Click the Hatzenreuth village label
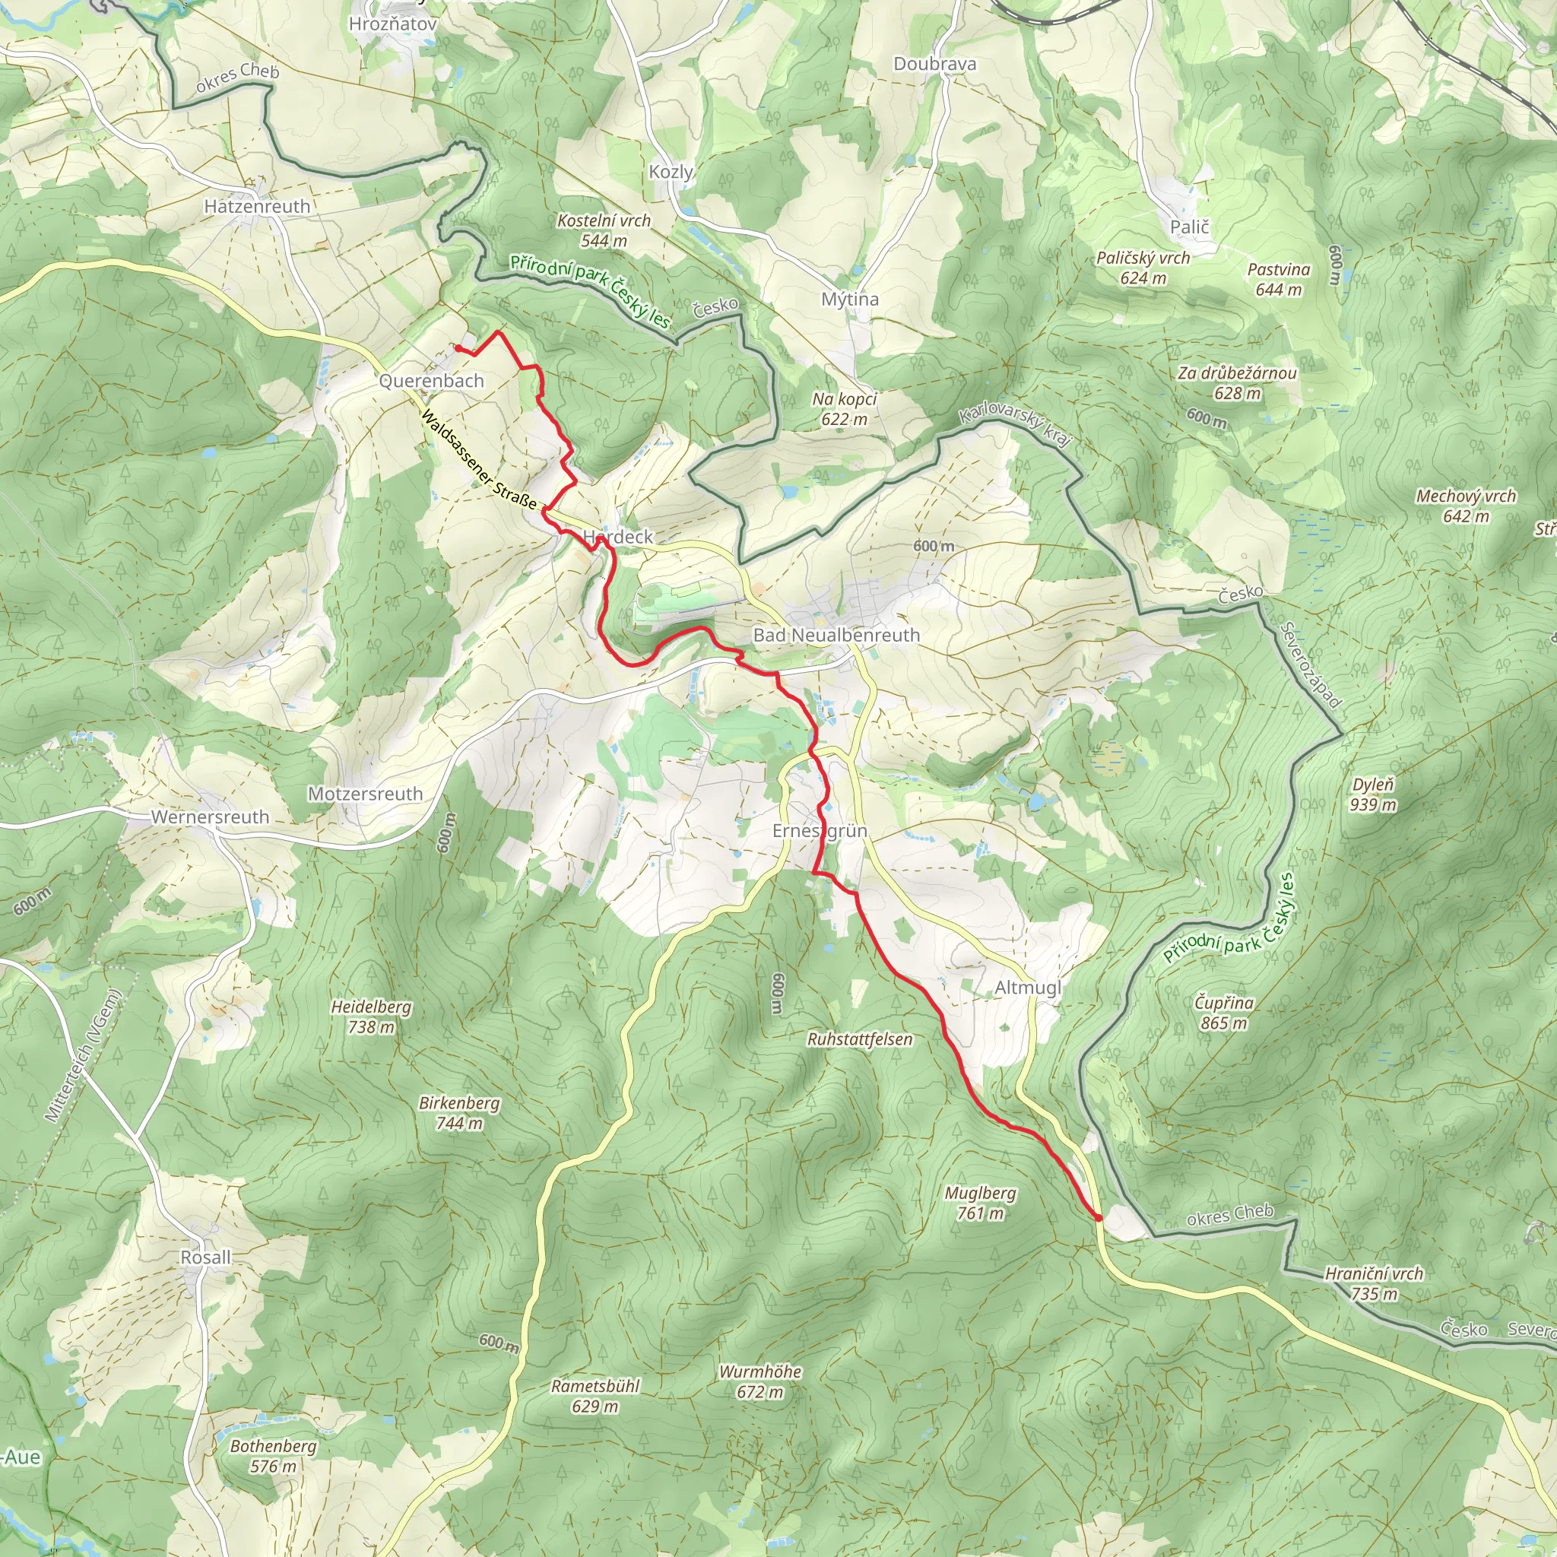tap(257, 206)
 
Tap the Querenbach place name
tap(431, 380)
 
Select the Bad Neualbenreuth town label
tap(836, 635)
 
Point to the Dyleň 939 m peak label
tap(1373, 794)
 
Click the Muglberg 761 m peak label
tap(980, 1203)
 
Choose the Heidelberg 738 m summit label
tap(371, 1016)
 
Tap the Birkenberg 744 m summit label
tap(459, 1112)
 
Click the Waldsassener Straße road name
tap(479, 461)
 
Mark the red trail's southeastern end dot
tap(1098, 1218)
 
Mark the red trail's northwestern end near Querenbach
tap(458, 348)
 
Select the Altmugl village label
tap(1028, 988)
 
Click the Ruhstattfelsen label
tap(860, 1039)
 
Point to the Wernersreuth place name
tap(210, 817)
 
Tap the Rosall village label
tap(205, 1257)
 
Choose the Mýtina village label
tap(849, 299)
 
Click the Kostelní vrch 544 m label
tap(604, 230)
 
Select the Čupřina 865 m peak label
tap(1223, 1012)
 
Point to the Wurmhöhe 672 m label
tap(760, 1381)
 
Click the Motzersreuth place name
tap(365, 794)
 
